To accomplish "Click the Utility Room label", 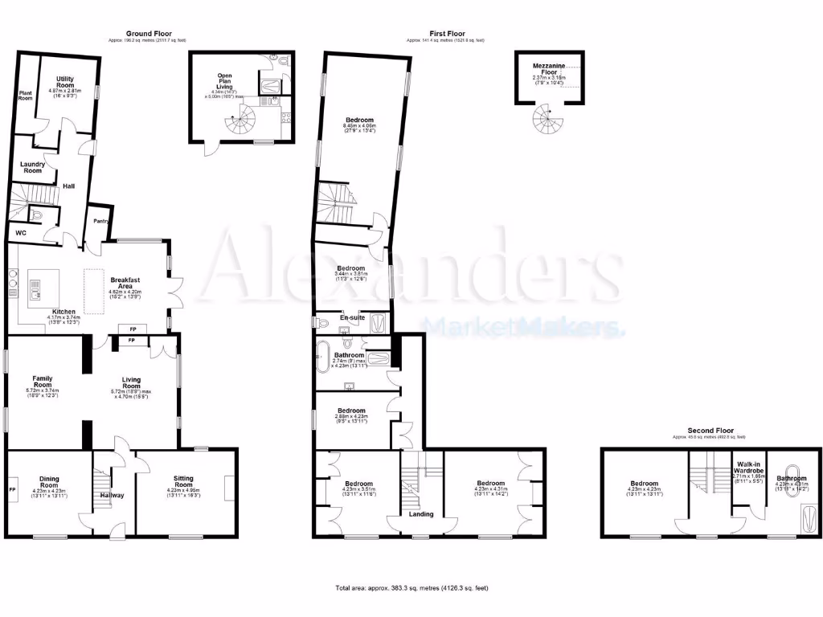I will tap(65, 82).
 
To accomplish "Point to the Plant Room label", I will tap(26, 95).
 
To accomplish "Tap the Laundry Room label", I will tap(32, 167).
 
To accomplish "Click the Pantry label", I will tap(100, 220).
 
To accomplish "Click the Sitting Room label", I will tap(184, 482).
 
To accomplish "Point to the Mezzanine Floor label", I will tap(549, 69).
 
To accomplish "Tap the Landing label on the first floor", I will tap(421, 515).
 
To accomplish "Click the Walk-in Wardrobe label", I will tap(747, 468).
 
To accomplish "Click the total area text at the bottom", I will tap(411, 588).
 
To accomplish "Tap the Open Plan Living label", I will tap(225, 80).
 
